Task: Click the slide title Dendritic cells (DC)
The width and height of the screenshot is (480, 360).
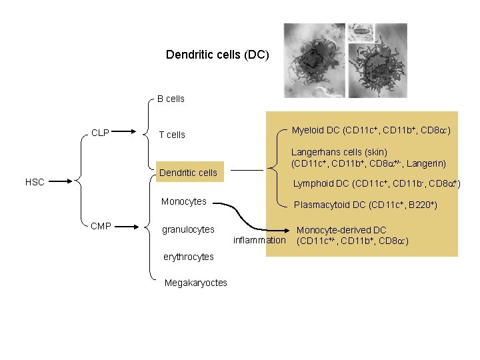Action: (x=217, y=55)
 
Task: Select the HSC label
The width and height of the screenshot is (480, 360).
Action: (x=35, y=181)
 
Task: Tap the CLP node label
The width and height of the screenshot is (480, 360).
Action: (x=101, y=133)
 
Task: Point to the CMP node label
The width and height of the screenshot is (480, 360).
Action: (x=101, y=227)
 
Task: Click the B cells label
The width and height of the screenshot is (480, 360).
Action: (x=171, y=99)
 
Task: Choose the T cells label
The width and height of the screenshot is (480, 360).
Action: (x=171, y=135)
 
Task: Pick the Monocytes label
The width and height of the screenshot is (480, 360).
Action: (x=183, y=201)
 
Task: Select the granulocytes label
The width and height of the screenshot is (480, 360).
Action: (x=188, y=229)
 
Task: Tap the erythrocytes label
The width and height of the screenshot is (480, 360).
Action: (x=189, y=257)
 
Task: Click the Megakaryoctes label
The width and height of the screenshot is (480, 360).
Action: (x=195, y=283)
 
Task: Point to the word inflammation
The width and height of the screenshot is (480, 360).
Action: (x=259, y=240)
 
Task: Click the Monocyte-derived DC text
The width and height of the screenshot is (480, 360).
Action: (x=341, y=230)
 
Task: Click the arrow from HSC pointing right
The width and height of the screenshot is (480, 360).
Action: (x=59, y=181)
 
